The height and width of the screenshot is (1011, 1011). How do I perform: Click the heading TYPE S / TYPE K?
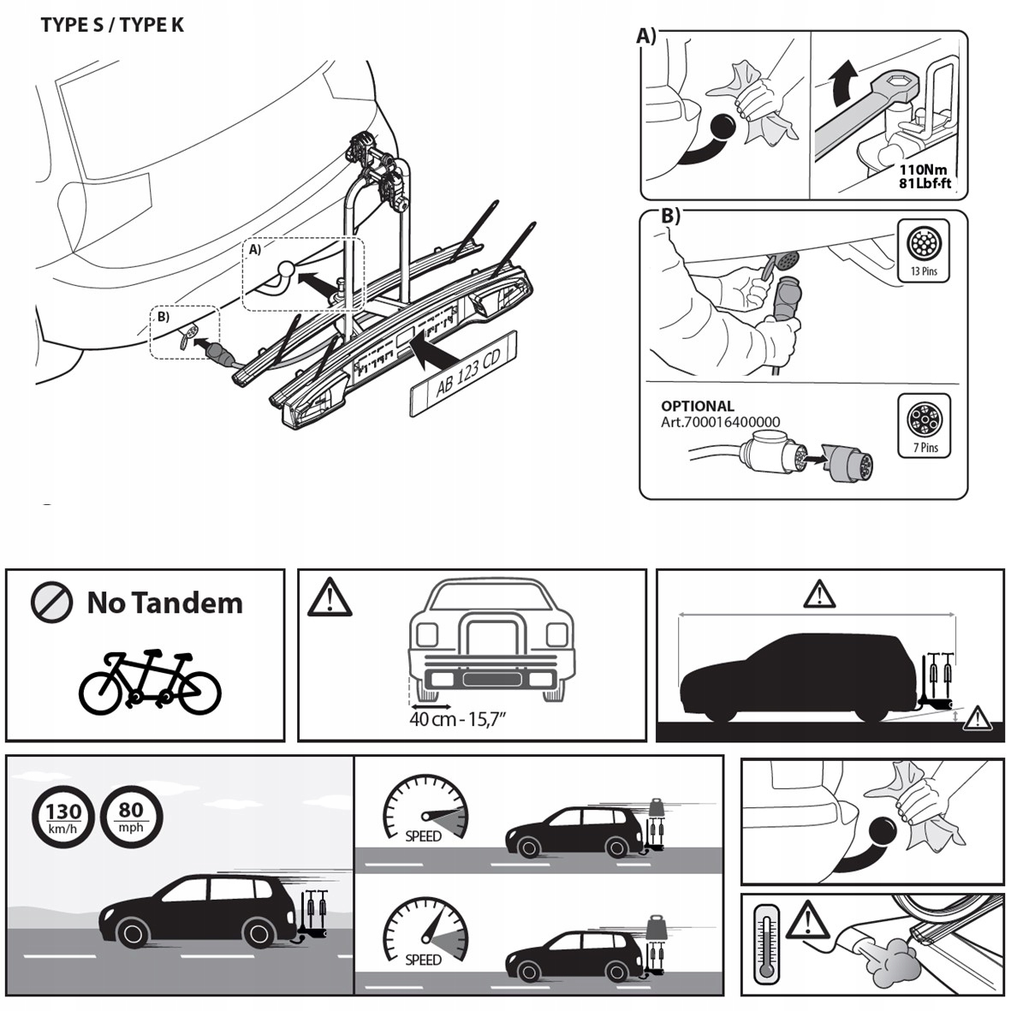tap(112, 24)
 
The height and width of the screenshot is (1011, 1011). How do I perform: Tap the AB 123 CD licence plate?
tap(467, 374)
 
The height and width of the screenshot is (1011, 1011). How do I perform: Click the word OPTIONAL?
tap(697, 407)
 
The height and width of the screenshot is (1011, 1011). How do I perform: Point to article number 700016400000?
tap(720, 422)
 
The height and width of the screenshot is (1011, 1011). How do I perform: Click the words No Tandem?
tap(164, 603)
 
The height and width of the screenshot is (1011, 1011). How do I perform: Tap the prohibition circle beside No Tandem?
tap(51, 603)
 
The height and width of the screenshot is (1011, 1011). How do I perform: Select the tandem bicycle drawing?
tap(150, 682)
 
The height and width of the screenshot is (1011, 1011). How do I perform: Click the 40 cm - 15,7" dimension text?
tap(458, 719)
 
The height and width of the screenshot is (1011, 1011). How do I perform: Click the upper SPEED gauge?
tap(425, 809)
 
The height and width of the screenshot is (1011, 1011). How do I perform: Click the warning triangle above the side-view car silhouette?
tap(819, 593)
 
